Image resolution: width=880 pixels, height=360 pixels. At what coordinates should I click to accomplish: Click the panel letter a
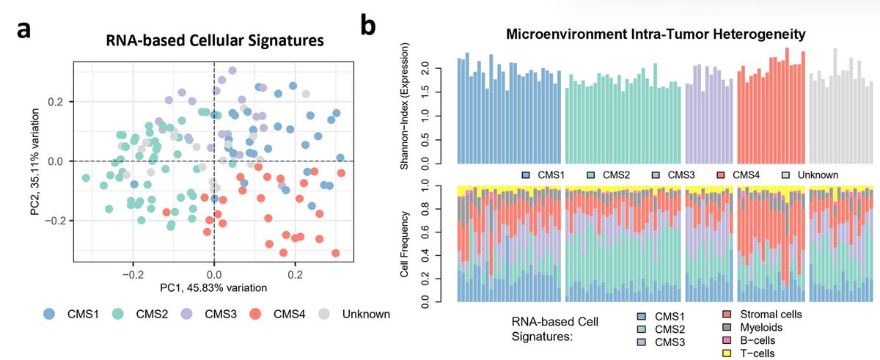tap(23, 34)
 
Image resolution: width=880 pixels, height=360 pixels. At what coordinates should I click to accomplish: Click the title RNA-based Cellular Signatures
tap(214, 42)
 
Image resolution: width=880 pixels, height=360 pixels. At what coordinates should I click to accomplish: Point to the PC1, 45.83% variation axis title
tap(214, 287)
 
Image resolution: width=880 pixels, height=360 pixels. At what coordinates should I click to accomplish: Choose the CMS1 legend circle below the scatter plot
tap(48, 314)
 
